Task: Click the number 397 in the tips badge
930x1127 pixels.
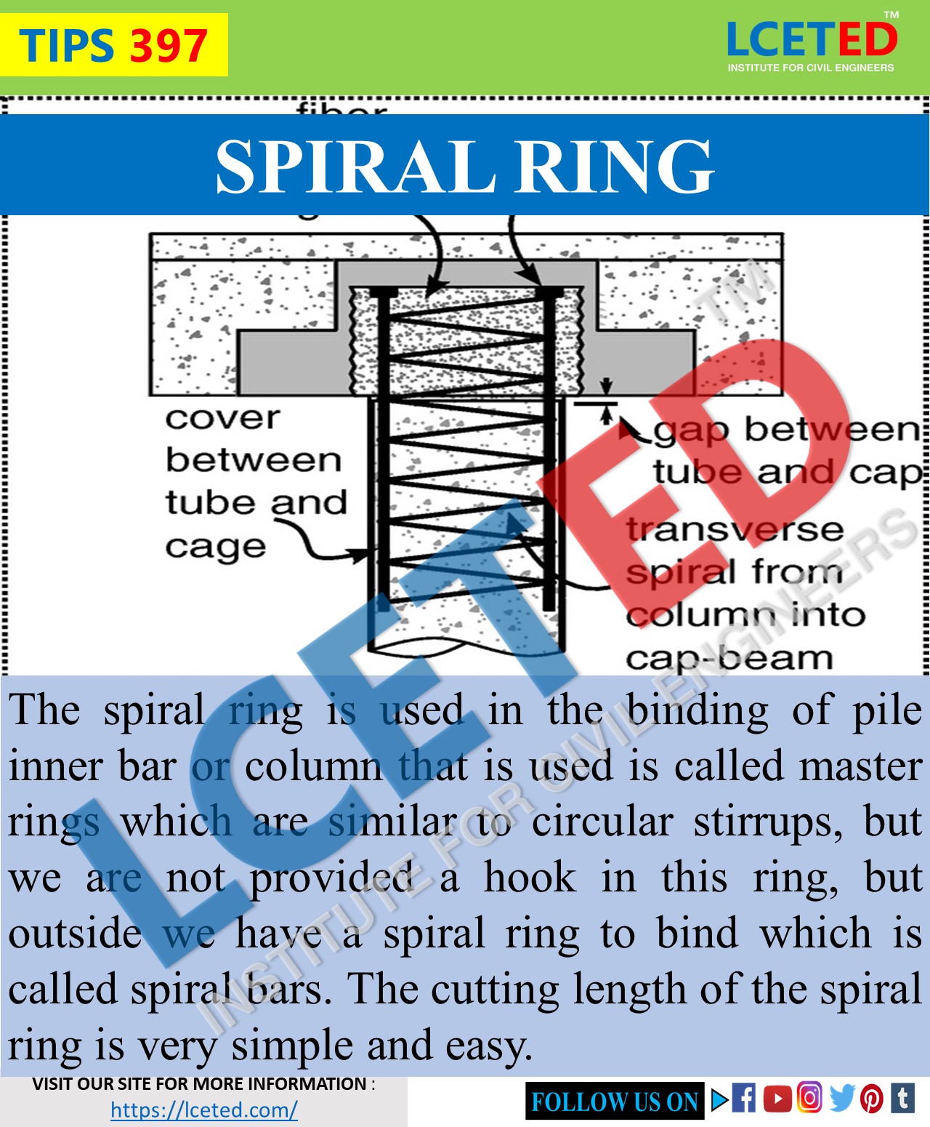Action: (169, 46)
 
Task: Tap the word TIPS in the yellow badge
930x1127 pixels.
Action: (66, 46)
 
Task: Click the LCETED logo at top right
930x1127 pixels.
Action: (812, 44)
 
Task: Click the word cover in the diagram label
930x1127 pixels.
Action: (222, 418)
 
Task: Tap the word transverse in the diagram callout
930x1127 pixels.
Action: (735, 529)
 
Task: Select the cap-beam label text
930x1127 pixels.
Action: (729, 658)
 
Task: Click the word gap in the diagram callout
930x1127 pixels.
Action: (691, 430)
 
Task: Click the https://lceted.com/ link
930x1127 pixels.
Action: (204, 1110)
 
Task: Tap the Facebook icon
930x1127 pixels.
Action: (743, 1098)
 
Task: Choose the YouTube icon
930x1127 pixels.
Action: (777, 1098)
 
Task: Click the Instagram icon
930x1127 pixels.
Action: (809, 1097)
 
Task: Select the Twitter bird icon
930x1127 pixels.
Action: (841, 1098)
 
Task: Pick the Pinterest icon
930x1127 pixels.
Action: (872, 1099)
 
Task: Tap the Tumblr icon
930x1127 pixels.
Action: (902, 1098)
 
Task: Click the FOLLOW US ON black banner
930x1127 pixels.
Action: (615, 1102)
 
